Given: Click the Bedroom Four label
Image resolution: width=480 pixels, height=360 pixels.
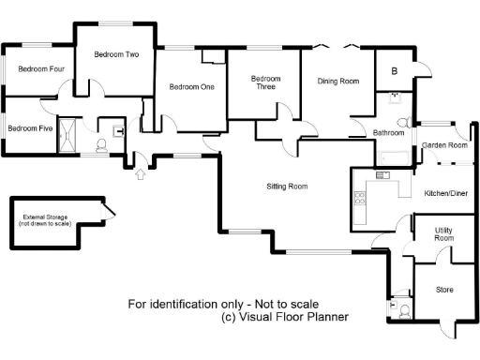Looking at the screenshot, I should click(41, 68).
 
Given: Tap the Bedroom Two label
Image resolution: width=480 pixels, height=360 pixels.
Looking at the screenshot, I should click(117, 54).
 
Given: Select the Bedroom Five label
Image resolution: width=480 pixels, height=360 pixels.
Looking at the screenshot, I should click(30, 128).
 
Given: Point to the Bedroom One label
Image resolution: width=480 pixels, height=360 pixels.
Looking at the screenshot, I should click(191, 87).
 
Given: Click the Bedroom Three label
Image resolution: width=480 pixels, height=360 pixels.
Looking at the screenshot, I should click(266, 82).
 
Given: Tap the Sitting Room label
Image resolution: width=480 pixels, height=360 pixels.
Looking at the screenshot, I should click(285, 187).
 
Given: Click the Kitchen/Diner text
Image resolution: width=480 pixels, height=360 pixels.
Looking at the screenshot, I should click(446, 192).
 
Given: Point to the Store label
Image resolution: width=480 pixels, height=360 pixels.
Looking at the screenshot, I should click(444, 290).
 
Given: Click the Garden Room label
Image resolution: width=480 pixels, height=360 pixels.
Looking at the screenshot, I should click(444, 145).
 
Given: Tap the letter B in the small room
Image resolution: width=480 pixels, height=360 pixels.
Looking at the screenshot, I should click(394, 71).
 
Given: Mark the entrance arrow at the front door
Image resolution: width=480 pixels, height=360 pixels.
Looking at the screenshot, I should click(140, 173).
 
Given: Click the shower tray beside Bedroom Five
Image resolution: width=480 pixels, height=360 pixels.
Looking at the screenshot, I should click(68, 134).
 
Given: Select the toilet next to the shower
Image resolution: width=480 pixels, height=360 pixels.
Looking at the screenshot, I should click(101, 145).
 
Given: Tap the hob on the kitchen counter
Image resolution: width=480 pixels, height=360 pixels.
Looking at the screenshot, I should click(358, 197).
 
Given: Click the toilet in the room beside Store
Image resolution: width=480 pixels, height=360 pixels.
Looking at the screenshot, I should click(404, 310).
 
